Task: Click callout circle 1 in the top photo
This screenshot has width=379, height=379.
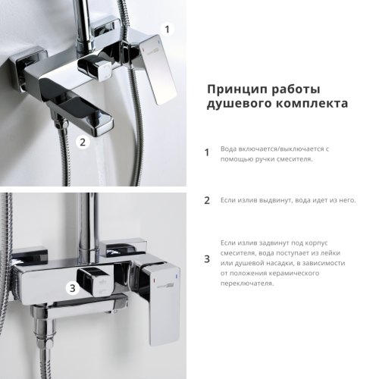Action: [x=168, y=29]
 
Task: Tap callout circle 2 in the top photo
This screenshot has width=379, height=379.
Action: [x=83, y=140]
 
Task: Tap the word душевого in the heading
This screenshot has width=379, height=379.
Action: [x=236, y=104]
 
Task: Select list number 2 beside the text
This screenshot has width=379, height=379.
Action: [x=206, y=201]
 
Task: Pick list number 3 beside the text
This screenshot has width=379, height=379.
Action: [x=206, y=259]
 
